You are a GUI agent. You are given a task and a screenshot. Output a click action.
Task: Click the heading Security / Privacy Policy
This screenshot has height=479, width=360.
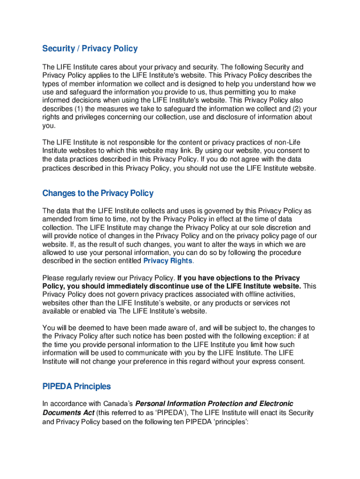point(90,49)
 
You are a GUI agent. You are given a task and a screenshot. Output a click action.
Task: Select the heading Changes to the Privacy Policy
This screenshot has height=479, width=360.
point(98,193)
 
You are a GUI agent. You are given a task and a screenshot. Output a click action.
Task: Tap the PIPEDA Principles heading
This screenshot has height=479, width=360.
point(77,386)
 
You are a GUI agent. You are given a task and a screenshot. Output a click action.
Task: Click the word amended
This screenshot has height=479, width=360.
point(57,219)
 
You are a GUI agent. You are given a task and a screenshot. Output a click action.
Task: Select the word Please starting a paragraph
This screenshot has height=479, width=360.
point(54,278)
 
